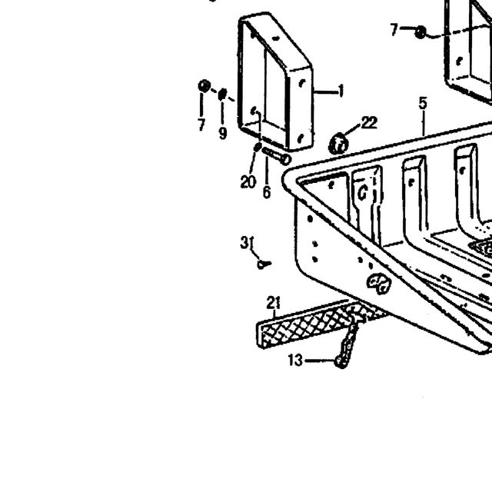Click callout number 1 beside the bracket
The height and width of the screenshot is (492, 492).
tap(341, 91)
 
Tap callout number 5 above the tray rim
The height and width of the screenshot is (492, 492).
tap(423, 103)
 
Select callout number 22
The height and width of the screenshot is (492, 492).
tap(369, 123)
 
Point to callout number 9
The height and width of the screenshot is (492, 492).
tap(222, 133)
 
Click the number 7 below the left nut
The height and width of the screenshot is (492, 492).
tap(201, 125)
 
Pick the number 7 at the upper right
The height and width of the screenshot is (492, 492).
tap(394, 30)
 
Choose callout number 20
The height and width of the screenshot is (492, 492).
tap(248, 181)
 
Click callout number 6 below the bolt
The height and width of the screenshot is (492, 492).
tap(267, 192)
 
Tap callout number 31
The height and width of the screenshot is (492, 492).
tap(247, 243)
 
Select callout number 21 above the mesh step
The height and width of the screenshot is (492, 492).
tap(274, 303)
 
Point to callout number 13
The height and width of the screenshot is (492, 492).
tap(295, 361)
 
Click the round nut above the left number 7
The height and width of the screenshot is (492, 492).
tap(204, 86)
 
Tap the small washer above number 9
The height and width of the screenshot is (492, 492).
tap(222, 94)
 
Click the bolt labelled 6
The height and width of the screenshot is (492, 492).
tap(277, 156)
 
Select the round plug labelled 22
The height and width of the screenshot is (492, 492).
tap(338, 145)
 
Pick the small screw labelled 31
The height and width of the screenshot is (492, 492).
tap(264, 264)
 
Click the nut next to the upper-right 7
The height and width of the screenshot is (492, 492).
tap(421, 32)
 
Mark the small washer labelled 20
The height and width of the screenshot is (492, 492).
tap(258, 147)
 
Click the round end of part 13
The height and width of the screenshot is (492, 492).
tap(340, 361)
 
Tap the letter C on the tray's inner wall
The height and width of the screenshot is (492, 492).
tap(363, 192)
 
